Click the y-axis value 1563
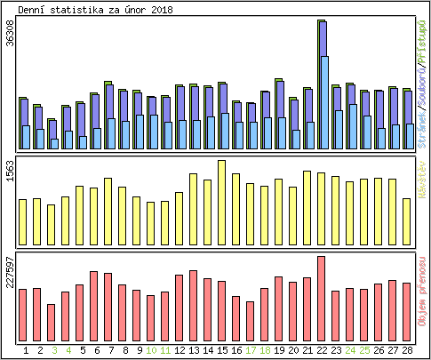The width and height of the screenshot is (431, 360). (x=10, y=172)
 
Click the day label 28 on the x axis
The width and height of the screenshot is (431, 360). (x=407, y=350)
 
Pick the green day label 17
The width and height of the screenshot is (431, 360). (x=250, y=350)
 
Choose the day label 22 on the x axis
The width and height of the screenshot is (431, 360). (x=321, y=350)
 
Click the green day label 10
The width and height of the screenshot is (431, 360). (x=151, y=350)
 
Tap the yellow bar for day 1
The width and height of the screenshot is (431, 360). (x=23, y=221)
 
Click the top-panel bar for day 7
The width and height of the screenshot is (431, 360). (x=108, y=116)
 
